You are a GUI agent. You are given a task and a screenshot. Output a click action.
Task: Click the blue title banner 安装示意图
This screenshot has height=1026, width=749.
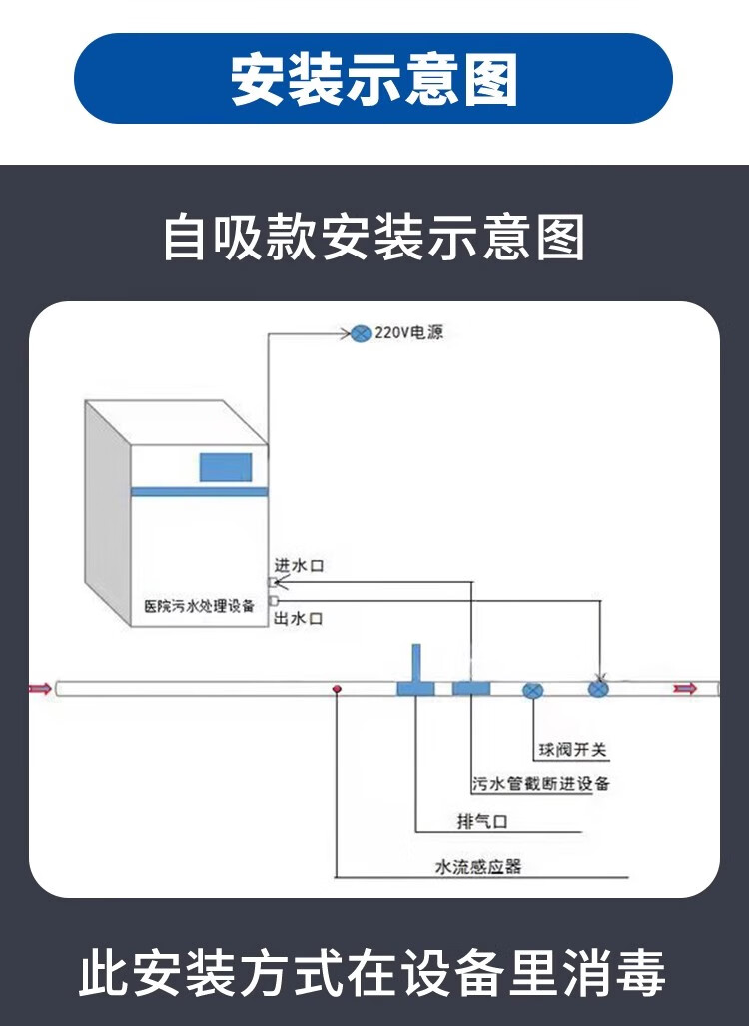374,79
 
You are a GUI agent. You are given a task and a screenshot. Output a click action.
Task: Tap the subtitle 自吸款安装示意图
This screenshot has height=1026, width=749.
374,237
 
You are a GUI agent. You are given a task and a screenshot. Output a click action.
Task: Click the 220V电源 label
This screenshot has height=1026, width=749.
409,333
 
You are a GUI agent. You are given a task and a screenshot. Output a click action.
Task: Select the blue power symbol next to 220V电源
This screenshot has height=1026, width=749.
361,333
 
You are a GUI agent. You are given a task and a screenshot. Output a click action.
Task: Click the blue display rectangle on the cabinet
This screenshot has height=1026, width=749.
226,467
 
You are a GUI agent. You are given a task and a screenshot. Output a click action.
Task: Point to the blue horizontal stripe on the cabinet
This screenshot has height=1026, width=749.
199,491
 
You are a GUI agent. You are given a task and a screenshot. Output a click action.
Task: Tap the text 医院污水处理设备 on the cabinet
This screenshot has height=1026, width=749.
199,606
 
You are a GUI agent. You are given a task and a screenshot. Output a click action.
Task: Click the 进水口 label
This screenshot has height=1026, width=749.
299,565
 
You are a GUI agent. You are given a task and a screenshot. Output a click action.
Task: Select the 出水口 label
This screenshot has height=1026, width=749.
299,619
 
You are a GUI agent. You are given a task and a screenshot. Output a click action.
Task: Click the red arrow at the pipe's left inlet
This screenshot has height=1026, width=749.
41,689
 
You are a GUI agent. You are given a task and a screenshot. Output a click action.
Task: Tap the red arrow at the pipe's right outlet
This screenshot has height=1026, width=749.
687,689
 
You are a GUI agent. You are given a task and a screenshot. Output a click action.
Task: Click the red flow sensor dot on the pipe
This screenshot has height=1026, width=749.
337,689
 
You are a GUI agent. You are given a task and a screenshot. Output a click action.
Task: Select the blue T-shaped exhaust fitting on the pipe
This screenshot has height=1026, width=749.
416,674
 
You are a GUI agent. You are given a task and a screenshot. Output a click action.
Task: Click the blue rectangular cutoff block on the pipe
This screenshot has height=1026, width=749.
471,689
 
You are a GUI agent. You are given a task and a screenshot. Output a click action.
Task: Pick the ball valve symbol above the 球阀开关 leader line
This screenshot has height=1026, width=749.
533,690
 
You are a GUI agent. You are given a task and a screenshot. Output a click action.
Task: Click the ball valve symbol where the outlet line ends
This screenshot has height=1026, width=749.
598,689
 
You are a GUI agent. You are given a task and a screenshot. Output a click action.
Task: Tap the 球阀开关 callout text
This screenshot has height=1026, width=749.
573,750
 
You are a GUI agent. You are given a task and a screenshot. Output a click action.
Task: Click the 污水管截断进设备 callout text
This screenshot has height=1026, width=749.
541,783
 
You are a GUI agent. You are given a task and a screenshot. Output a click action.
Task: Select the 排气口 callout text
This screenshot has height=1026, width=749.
482,821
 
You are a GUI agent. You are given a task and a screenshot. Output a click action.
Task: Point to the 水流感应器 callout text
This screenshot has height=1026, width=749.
478,867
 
